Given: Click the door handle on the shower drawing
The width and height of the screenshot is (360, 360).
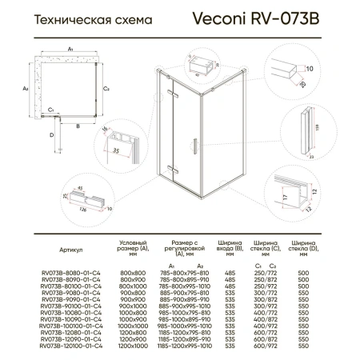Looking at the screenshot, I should click(192, 150).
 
